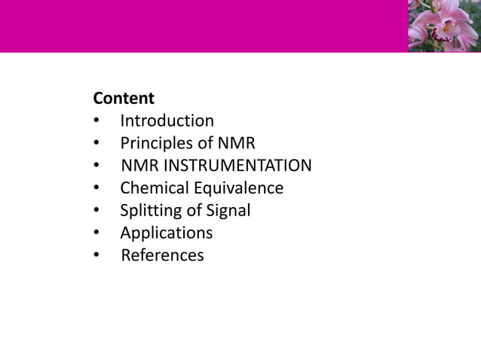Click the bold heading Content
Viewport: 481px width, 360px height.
click(124, 99)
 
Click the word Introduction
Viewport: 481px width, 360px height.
click(167, 121)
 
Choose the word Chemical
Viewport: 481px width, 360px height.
click(152, 188)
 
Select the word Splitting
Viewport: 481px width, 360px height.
click(149, 211)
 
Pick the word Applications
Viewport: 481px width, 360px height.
click(167, 233)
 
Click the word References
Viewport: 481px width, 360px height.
click(162, 256)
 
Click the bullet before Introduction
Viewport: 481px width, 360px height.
click(97, 121)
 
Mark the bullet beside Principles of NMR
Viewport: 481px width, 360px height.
click(97, 144)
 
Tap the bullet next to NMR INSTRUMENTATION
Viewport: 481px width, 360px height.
click(97, 166)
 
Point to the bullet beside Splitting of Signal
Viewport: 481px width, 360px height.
click(97, 212)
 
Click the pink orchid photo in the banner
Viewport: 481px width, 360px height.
click(444, 26)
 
